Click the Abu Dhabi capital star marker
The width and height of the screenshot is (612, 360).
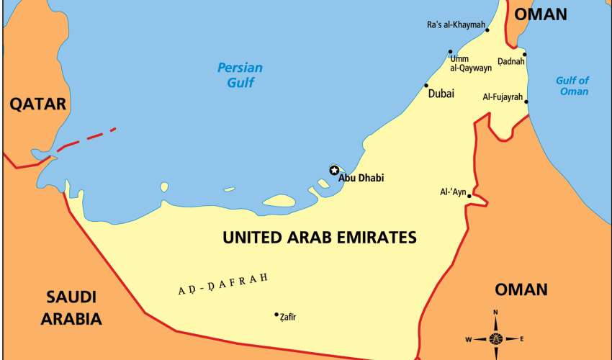[334, 170]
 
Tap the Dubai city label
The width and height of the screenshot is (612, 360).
[441, 93]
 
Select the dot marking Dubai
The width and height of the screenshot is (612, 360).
[426, 86]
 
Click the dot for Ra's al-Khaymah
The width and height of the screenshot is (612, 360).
[487, 30]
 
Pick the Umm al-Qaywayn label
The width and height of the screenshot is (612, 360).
[471, 63]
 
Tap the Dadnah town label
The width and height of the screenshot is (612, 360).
[511, 61]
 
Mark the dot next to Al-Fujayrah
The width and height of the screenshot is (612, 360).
[526, 102]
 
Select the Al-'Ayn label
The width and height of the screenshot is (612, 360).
[454, 192]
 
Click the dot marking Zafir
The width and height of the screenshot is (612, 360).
[276, 315]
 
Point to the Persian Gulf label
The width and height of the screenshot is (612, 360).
[240, 75]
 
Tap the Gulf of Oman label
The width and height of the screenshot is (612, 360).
[572, 86]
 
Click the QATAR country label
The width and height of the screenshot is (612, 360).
[37, 104]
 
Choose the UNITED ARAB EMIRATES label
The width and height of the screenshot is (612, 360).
[320, 237]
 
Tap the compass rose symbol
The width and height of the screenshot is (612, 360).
[495, 338]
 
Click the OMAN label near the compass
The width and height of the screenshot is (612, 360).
[521, 289]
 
